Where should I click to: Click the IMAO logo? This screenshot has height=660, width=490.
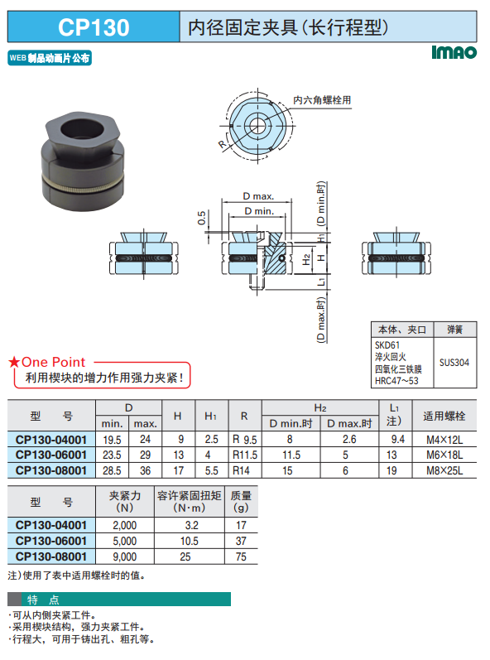[454, 52]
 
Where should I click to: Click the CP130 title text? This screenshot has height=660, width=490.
[94, 27]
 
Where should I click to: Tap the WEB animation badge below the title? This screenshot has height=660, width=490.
[50, 58]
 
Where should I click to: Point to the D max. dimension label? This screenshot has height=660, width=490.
[258, 196]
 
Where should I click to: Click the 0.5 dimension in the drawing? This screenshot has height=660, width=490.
[201, 218]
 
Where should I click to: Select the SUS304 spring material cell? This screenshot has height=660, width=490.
[454, 363]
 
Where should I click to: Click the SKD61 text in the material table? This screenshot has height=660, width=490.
[387, 345]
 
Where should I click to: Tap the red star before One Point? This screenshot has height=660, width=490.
[14, 362]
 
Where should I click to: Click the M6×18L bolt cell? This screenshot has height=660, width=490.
[444, 455]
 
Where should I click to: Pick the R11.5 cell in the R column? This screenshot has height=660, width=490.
[245, 455]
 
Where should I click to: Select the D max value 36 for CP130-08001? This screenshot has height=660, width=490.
[145, 470]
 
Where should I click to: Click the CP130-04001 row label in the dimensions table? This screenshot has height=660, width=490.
[50, 440]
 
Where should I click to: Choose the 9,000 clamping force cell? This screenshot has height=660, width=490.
[124, 556]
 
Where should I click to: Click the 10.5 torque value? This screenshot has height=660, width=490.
[190, 542]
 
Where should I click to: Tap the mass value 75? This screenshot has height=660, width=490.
[241, 556]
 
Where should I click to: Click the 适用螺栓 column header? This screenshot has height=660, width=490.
[444, 416]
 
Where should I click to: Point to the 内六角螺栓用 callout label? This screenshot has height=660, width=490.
[322, 100]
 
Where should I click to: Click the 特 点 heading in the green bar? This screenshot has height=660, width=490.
[43, 600]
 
